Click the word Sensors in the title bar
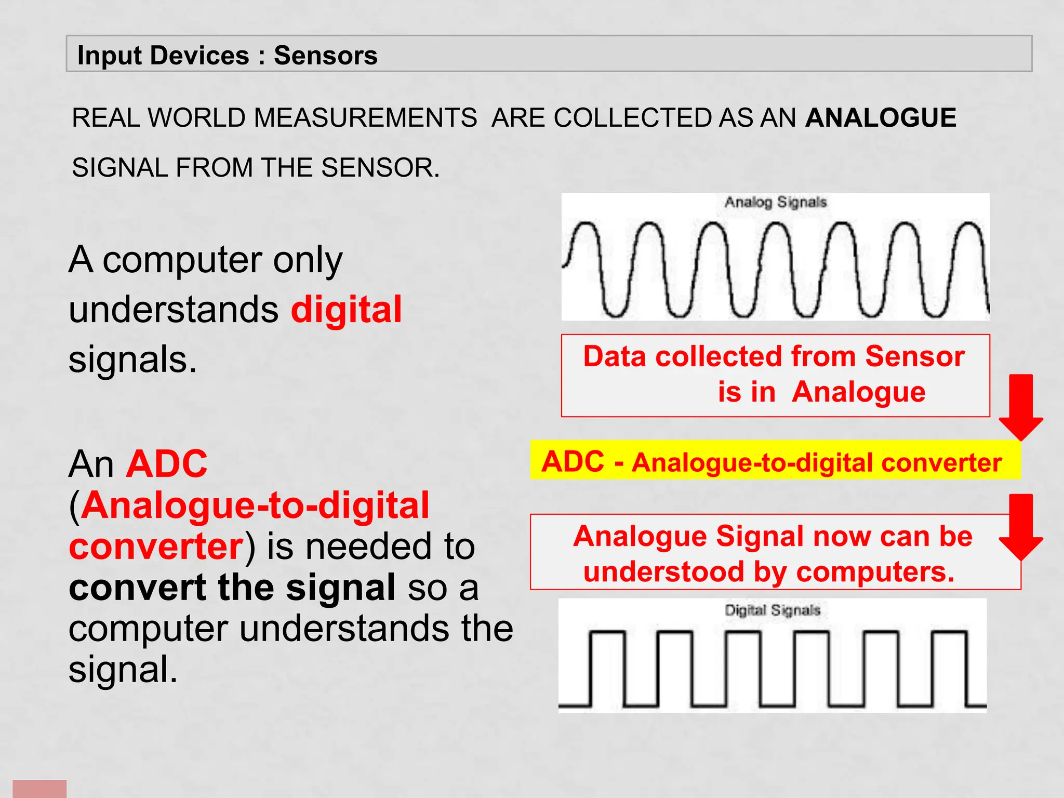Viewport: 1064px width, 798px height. (325, 56)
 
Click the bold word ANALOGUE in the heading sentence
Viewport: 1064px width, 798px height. (881, 117)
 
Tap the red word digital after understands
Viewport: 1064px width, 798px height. (346, 310)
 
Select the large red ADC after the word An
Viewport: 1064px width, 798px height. (167, 463)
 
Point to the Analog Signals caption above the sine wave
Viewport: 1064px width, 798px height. (775, 202)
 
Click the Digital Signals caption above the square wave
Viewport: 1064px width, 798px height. (773, 610)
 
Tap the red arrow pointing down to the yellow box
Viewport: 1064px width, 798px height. (1020, 408)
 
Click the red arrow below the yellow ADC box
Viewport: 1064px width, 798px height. (1020, 527)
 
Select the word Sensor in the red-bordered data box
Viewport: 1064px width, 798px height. (915, 357)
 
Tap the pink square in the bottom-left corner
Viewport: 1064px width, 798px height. (39, 789)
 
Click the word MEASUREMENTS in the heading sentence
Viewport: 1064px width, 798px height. (365, 117)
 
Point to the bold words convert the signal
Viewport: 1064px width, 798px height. (232, 588)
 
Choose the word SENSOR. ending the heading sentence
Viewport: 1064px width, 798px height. (380, 168)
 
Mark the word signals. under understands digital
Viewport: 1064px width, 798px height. (133, 360)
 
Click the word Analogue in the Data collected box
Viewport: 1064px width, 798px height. (858, 392)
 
